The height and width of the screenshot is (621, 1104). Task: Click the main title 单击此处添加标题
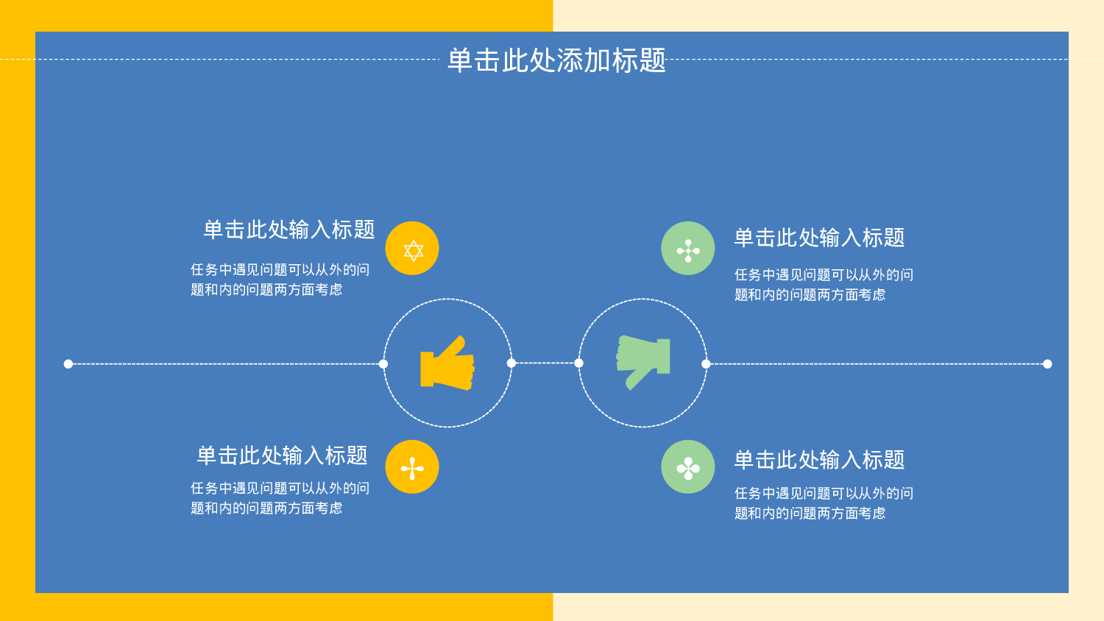tap(556, 60)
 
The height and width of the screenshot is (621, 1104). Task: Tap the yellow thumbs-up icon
tap(447, 363)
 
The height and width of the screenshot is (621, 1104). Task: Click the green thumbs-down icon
tap(643, 361)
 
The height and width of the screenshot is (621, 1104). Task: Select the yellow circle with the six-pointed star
tap(412, 249)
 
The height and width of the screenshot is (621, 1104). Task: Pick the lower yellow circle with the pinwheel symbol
tap(412, 467)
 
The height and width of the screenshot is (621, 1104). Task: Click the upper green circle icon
tap(688, 249)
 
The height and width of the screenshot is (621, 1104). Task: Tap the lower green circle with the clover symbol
tap(688, 467)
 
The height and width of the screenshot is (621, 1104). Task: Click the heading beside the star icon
tap(289, 230)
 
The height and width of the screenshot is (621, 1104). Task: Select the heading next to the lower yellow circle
tap(282, 455)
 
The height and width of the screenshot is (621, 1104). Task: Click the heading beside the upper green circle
tap(819, 238)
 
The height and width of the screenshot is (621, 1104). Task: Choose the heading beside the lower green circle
tap(819, 460)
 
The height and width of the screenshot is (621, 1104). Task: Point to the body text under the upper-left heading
tap(280, 280)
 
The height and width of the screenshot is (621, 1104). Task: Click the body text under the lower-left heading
tap(280, 498)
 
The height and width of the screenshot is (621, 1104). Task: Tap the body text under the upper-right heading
tap(824, 285)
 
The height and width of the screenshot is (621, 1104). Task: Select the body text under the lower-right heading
tap(824, 503)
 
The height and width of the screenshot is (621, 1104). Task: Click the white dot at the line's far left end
tap(68, 364)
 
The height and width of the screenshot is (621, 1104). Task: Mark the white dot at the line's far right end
tap(1047, 364)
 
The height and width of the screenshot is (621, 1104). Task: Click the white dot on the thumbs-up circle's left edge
tap(383, 364)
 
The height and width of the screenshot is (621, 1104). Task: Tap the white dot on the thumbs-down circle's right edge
tap(706, 364)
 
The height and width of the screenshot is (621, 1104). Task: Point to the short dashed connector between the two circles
tap(545, 363)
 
